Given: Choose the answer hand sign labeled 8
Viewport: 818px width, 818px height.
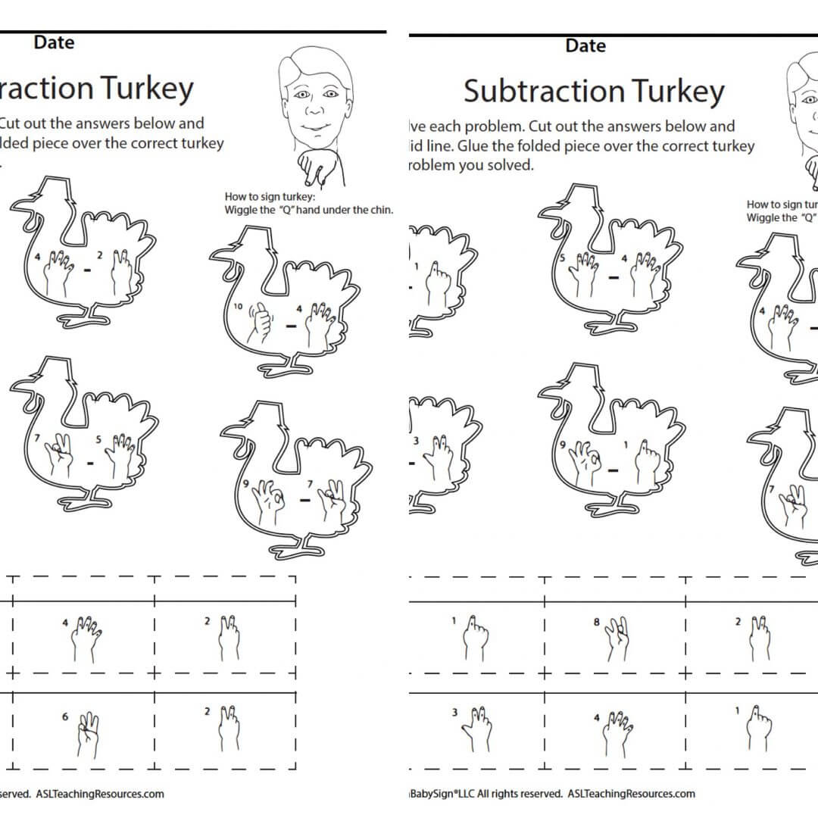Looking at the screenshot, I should [617, 638].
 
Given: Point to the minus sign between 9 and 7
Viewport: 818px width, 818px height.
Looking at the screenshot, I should [304, 499].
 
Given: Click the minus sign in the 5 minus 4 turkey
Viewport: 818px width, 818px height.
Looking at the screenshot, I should [613, 276].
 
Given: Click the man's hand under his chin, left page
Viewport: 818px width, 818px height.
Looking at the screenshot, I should [312, 168].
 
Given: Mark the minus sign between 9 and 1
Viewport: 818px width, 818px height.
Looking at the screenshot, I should [614, 470].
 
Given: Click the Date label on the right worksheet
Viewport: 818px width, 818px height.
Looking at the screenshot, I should [585, 45].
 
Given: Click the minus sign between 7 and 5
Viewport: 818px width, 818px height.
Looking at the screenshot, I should [90, 462].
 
